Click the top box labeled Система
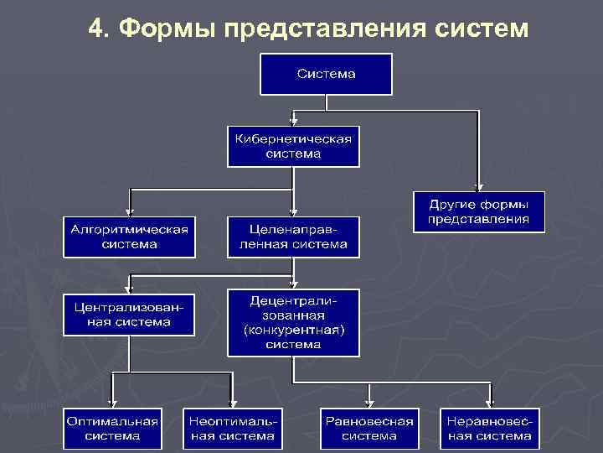click(x=326, y=74)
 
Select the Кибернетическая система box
click(x=292, y=147)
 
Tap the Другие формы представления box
click(x=478, y=211)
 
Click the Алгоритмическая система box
click(x=129, y=237)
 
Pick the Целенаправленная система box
click(x=292, y=237)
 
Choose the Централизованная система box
click(x=129, y=314)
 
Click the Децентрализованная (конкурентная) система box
click(x=292, y=322)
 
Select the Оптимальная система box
click(x=113, y=428)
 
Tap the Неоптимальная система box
click(x=232, y=428)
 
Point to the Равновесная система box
click(x=369, y=428)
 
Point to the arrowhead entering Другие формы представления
click(x=478, y=187)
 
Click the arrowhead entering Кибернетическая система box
click(x=292, y=122)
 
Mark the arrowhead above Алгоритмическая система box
click(x=129, y=211)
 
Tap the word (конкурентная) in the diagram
click(x=292, y=331)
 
